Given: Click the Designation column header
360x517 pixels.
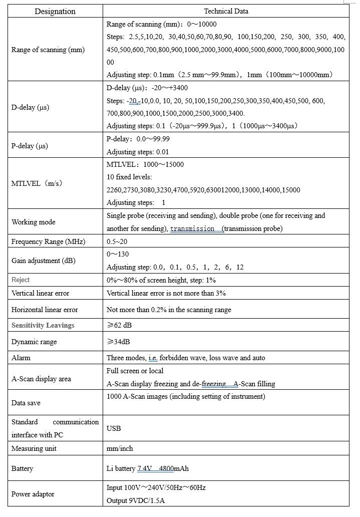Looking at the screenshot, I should click(55, 11).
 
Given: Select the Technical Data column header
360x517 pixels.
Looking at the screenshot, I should click(226, 11).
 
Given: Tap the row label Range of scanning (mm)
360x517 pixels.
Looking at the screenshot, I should click(48, 50).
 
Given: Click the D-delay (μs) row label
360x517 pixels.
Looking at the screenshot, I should click(30, 107).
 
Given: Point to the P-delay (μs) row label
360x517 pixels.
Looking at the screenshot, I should click(30, 146).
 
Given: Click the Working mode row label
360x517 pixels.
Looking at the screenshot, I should click(34, 222).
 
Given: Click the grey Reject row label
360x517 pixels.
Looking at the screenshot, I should click(21, 280).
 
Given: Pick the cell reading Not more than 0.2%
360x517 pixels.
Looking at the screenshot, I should click(169, 310).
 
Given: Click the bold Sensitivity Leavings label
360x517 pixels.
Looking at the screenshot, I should click(43, 325).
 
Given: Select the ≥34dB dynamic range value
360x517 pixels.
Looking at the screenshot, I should click(121, 342).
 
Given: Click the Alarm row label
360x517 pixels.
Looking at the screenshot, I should click(21, 358).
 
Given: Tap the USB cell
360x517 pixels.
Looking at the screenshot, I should click(114, 428).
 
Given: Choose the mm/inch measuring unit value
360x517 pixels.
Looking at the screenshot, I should click(120, 448).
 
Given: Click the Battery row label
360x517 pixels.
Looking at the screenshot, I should click(23, 468).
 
